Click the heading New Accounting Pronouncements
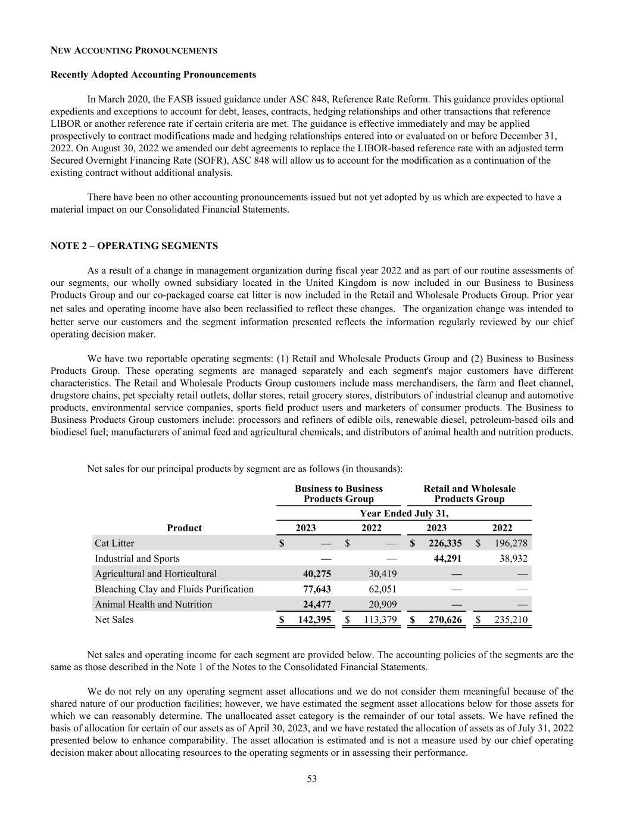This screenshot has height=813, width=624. pyautogui.click(x=133, y=51)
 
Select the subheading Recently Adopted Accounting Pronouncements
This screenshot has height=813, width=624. pyautogui.click(x=153, y=74)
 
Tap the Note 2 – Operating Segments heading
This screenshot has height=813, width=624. pyautogui.click(x=134, y=246)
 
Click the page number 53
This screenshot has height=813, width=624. pyautogui.click(x=312, y=779)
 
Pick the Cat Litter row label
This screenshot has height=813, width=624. pyautogui.click(x=114, y=543)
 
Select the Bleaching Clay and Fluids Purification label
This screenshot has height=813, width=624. pyautogui.click(x=174, y=589)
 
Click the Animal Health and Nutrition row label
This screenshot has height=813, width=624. pyautogui.click(x=153, y=605)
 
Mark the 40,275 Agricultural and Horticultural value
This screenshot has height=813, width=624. pyautogui.click(x=315, y=574)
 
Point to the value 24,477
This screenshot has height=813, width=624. pyautogui.click(x=315, y=605)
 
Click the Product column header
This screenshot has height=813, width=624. pyautogui.click(x=184, y=528)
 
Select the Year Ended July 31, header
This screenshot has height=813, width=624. pyautogui.click(x=404, y=513)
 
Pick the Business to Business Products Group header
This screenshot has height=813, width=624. pyautogui.click(x=338, y=494)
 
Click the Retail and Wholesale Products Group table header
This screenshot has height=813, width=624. pyautogui.click(x=469, y=494)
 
